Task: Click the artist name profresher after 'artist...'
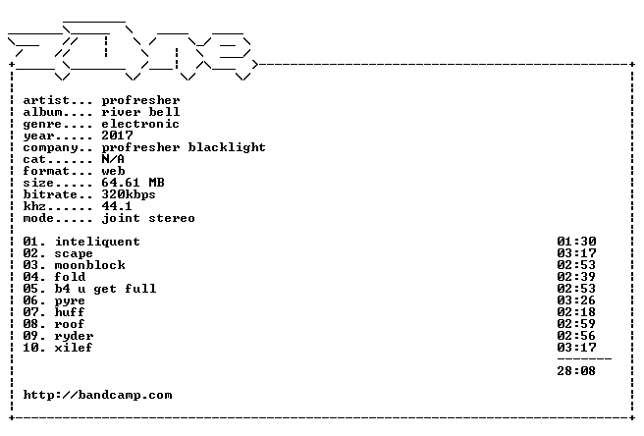coord(141,101)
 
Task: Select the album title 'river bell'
coord(141,112)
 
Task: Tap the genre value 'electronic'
coord(140,124)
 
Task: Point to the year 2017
coord(118,136)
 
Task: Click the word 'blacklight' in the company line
coord(227,147)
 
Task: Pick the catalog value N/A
coord(113,159)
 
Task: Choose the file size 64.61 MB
coord(134,183)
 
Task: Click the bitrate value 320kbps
coord(129,194)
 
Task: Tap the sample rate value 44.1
coord(117,206)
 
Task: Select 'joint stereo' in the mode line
coord(148,218)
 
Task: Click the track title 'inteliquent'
coord(98,242)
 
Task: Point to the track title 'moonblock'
coord(90,265)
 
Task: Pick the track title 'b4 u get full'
coord(106,289)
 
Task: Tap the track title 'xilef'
coord(74,348)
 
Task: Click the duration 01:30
coord(576,242)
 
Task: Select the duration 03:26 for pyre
coord(576,300)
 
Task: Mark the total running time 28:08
coord(576,371)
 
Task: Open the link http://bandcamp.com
coord(98,396)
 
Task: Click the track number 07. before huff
coord(33,312)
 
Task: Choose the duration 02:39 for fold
coord(576,277)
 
